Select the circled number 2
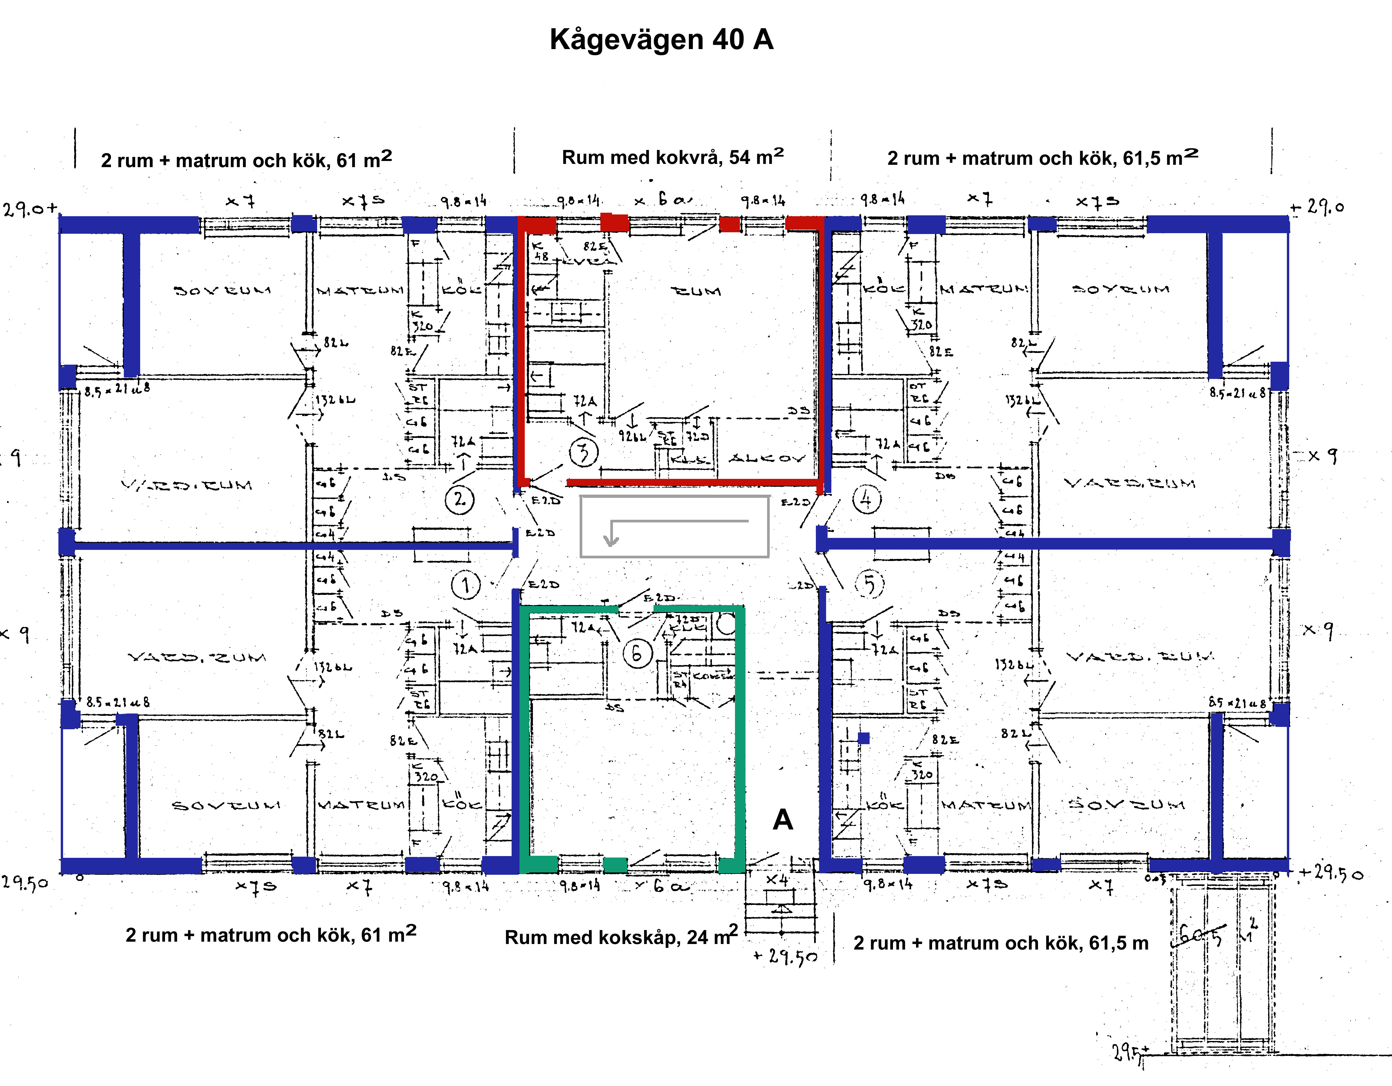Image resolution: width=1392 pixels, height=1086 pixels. [460, 499]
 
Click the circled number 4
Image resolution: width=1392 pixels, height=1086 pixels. [866, 499]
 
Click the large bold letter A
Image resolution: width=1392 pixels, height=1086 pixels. [783, 820]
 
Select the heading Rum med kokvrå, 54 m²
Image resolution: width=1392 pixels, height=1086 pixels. [672, 157]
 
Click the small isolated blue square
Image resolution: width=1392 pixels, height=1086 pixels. [864, 738]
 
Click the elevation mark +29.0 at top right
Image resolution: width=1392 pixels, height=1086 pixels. [1318, 207]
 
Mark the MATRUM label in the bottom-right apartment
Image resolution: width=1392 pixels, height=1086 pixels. [986, 806]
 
